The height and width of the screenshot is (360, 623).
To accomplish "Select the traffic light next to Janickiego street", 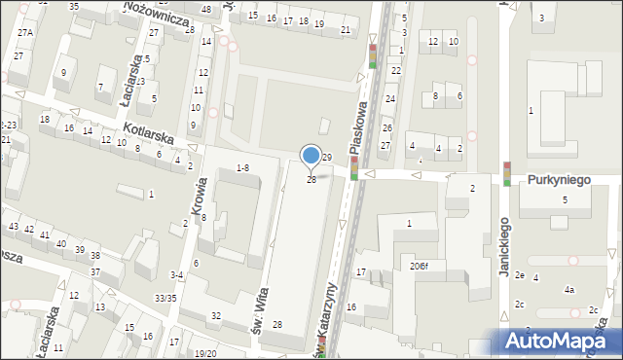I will [x=507, y=173].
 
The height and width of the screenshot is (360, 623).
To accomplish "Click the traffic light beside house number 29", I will [x=353, y=169].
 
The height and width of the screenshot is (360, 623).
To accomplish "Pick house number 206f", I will [x=420, y=265].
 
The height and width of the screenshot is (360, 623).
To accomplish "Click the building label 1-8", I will [x=242, y=168].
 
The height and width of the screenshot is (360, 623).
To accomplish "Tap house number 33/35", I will [x=166, y=298].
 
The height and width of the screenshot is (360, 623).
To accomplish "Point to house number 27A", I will [x=24, y=32].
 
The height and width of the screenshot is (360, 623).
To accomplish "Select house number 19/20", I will [x=204, y=353].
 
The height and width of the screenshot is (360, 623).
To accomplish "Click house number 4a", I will [x=569, y=290].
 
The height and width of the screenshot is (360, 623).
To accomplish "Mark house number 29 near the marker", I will [x=327, y=157].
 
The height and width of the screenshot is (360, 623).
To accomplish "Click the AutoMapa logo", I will [x=562, y=341].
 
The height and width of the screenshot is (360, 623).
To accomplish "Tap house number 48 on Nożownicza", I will [x=205, y=9].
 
